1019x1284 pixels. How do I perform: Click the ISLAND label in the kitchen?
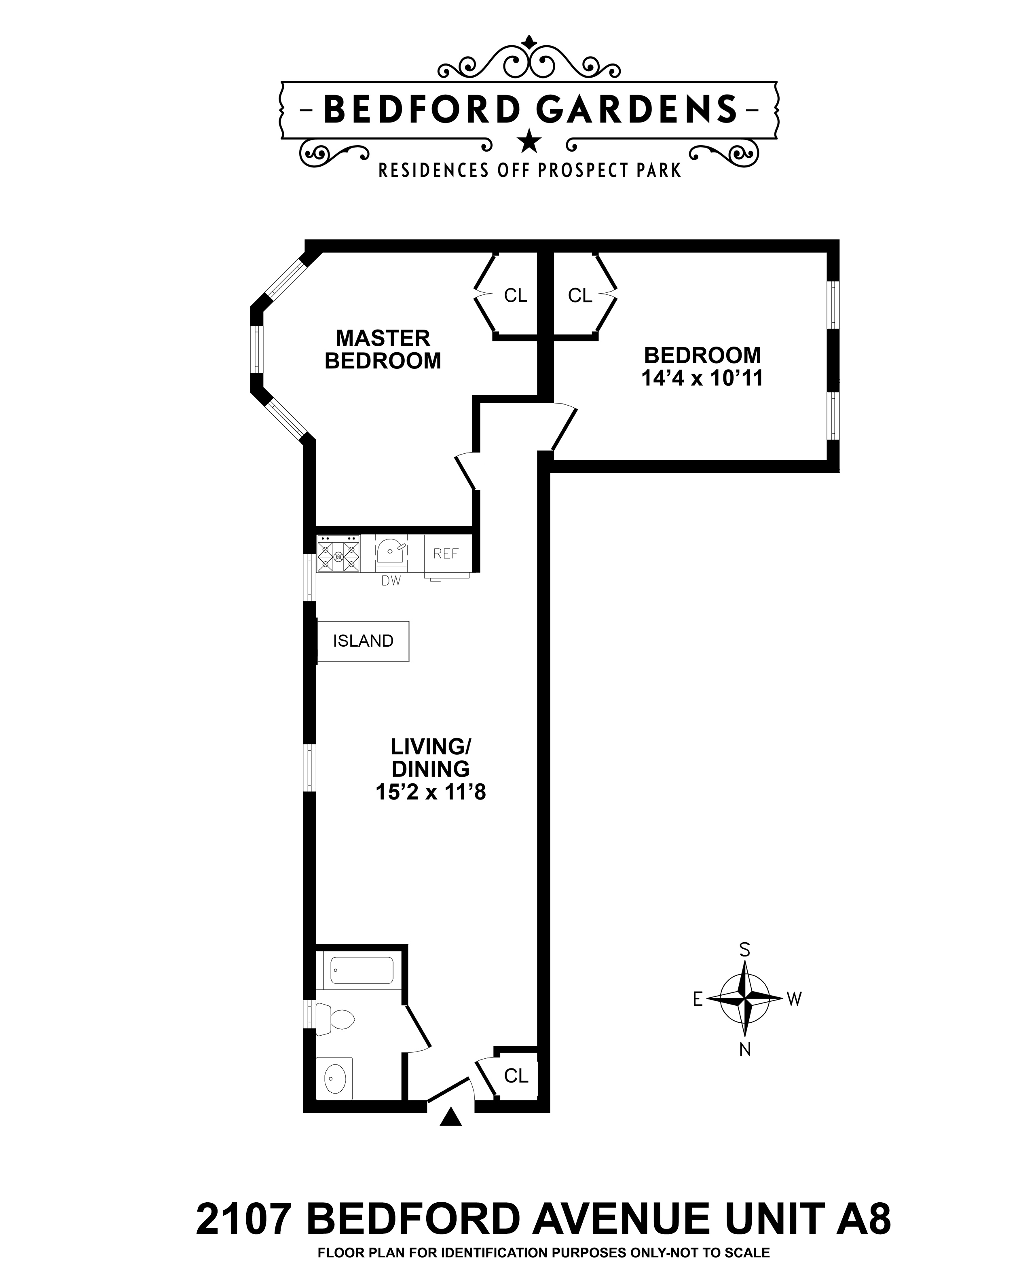tap(363, 641)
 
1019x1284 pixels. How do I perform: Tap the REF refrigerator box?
tap(446, 553)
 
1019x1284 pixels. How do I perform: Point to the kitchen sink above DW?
tap(391, 550)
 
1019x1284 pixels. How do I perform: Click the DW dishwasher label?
tap(391, 581)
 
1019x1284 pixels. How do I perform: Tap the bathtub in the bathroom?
tap(362, 970)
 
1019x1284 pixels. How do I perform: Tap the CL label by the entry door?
tap(516, 1076)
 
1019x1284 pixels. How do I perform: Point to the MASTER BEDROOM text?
tap(383, 349)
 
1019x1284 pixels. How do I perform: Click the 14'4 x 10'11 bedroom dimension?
tap(702, 378)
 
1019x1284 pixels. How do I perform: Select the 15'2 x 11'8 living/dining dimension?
tap(431, 792)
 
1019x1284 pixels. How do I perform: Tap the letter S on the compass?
tap(744, 950)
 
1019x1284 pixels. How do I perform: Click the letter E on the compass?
tap(698, 999)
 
